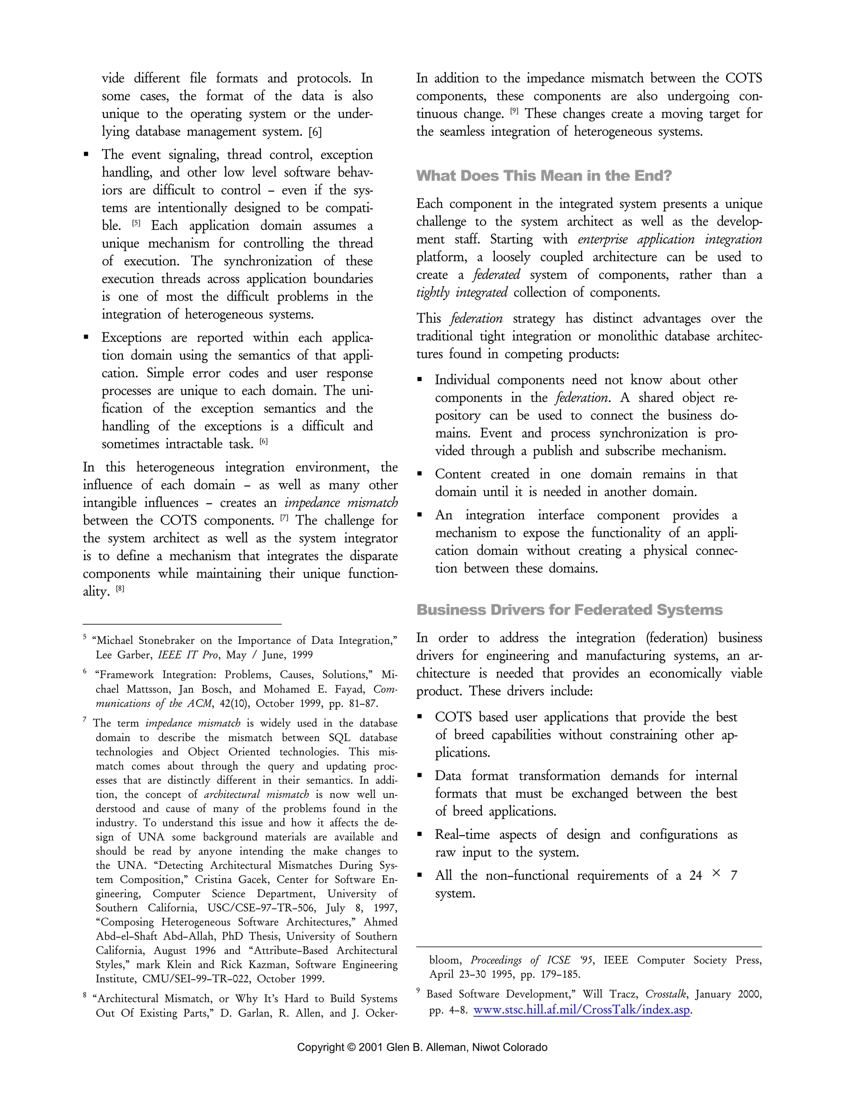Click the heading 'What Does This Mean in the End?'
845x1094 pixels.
544,176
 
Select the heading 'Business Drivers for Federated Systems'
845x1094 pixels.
569,610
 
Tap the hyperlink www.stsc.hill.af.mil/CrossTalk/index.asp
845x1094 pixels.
581,1010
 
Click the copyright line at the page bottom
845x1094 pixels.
422,1047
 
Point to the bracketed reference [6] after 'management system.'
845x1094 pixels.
315,132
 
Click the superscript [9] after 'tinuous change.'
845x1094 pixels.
514,112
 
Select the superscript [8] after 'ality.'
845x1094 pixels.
120,589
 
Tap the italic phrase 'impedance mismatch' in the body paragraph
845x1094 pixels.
341,502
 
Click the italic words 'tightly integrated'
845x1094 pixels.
462,293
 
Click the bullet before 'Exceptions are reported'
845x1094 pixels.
87,338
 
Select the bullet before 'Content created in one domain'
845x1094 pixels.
420,474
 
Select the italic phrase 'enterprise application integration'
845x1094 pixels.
670,239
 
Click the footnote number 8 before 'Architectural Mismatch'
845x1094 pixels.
85,996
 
